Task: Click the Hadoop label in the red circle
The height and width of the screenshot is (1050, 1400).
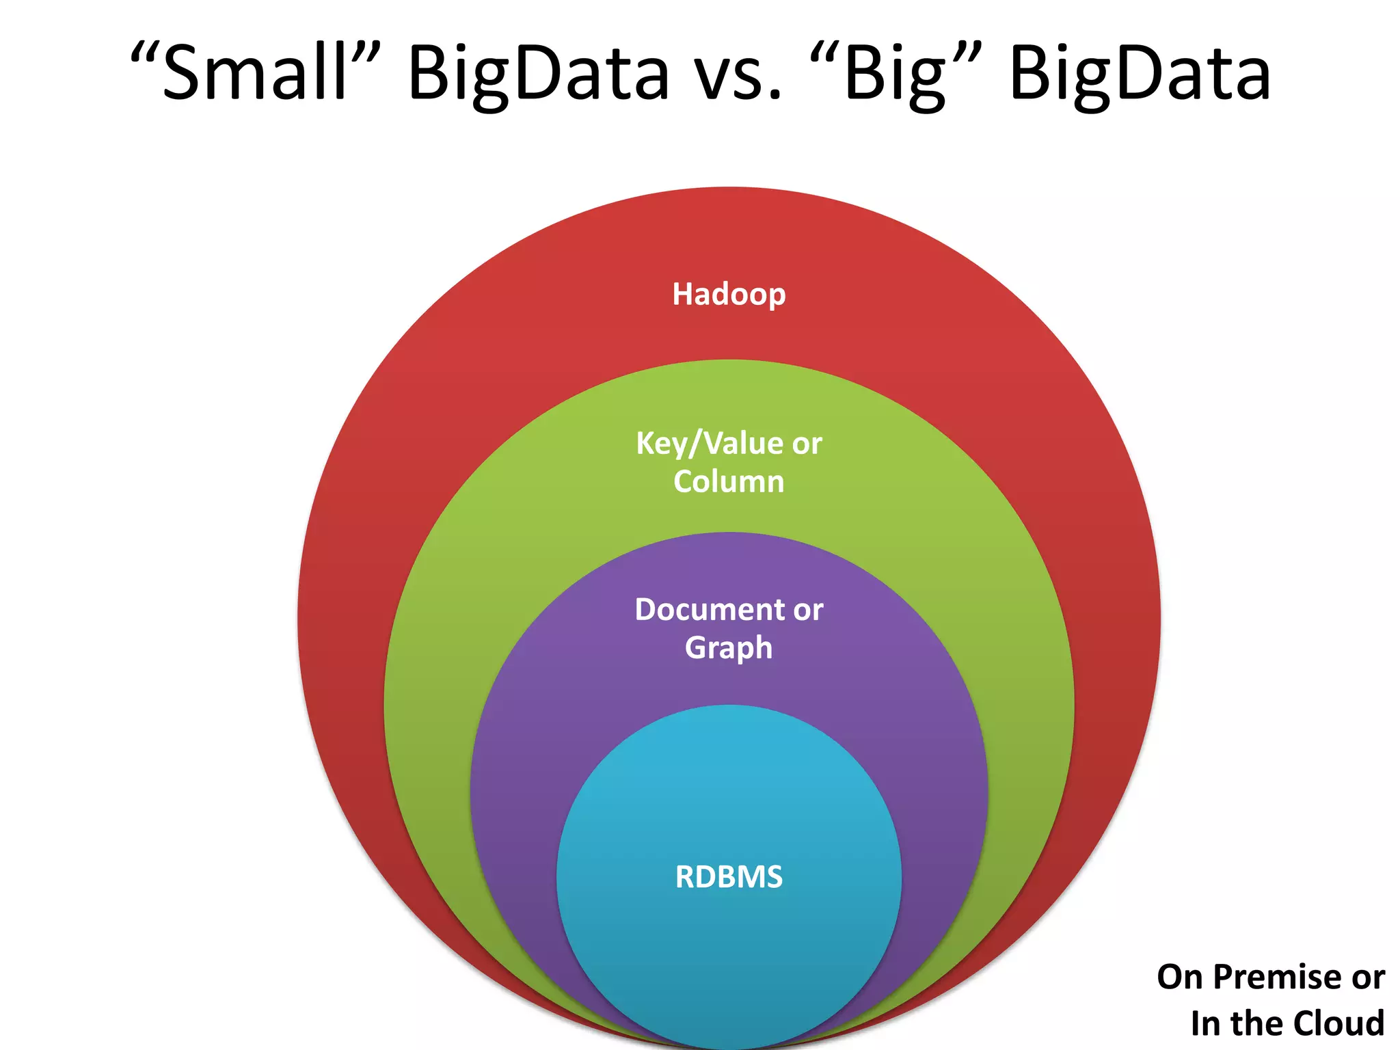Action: (729, 295)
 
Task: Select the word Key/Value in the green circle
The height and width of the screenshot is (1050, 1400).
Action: (709, 444)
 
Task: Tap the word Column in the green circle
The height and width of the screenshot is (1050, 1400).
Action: (729, 482)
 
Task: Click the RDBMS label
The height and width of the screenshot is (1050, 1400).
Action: (729, 877)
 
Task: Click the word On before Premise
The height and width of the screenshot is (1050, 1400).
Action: (1180, 977)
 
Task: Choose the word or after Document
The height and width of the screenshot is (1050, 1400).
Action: (809, 610)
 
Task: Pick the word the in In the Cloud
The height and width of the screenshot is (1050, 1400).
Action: (1253, 1023)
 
